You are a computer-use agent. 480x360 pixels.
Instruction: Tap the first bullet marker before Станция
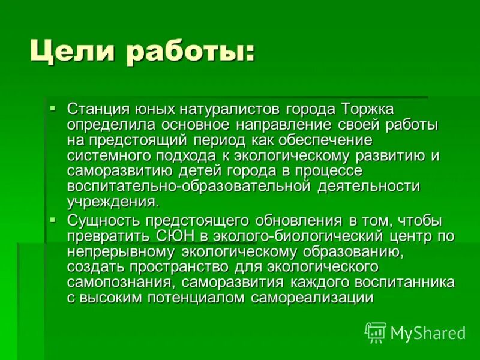click(x=53, y=109)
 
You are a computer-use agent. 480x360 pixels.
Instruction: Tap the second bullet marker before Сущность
click(x=53, y=220)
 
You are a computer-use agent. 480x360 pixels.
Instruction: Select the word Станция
click(x=97, y=110)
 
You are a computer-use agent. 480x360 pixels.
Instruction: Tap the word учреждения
click(x=113, y=201)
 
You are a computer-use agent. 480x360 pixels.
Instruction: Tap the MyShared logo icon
click(x=376, y=332)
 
